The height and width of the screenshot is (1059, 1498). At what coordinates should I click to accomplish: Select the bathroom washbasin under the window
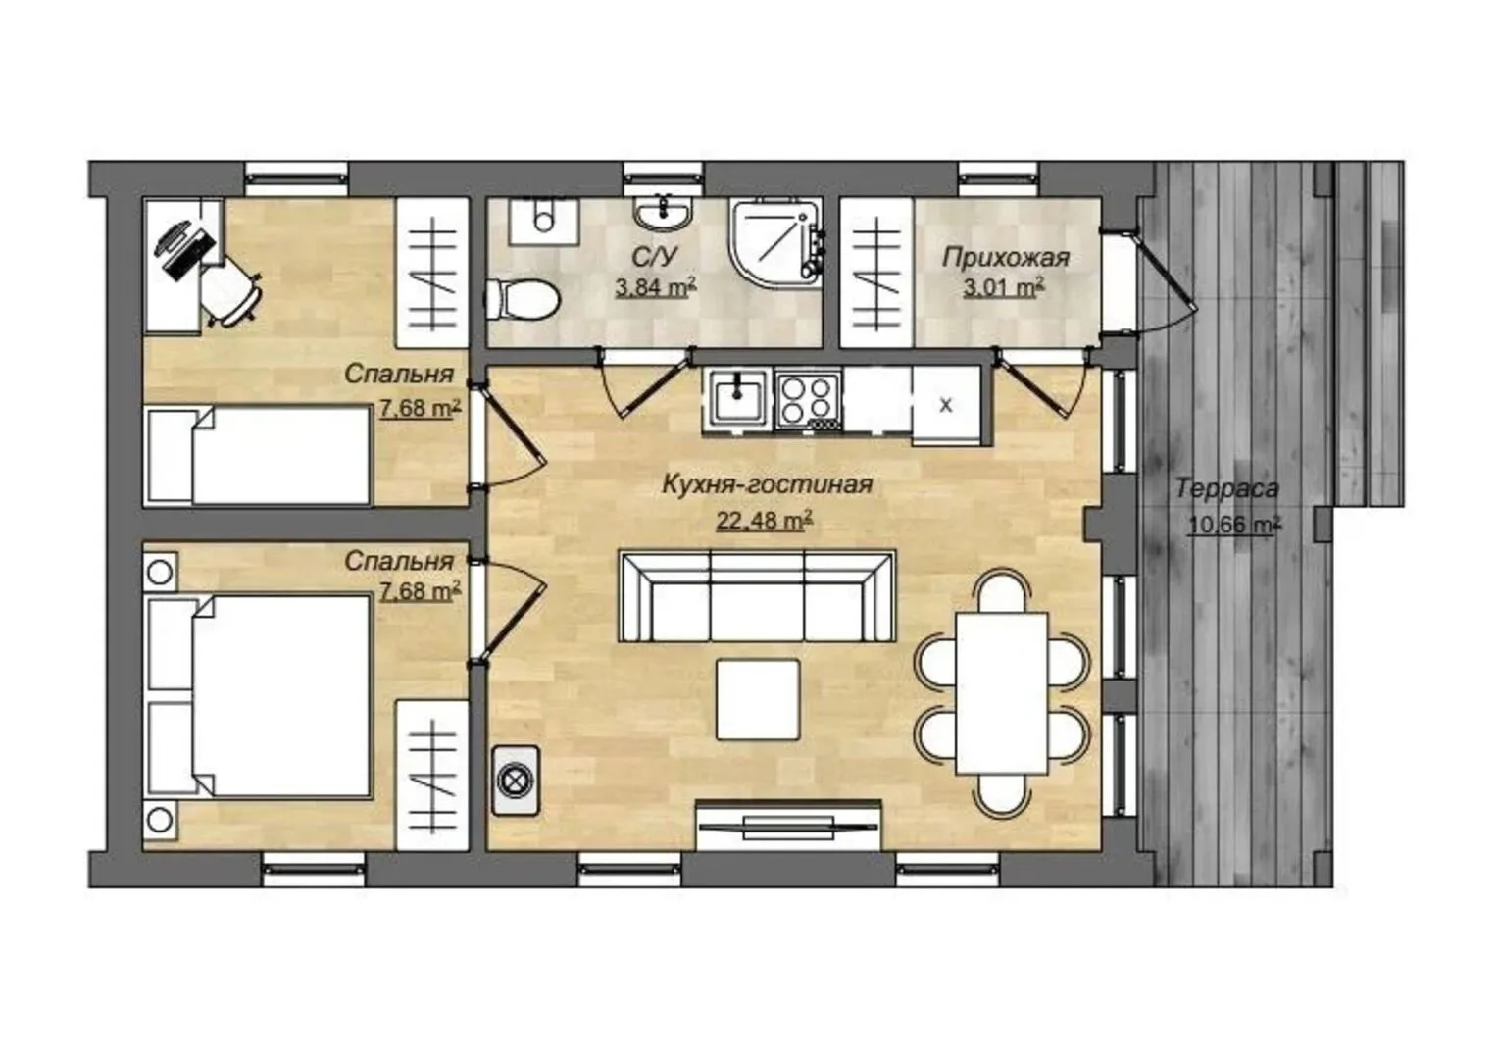pos(663,214)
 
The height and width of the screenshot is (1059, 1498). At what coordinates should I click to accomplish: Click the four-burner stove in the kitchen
pos(809,400)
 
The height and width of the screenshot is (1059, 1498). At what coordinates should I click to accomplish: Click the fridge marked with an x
pos(946,405)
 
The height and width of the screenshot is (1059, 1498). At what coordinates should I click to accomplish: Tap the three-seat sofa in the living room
pos(757,597)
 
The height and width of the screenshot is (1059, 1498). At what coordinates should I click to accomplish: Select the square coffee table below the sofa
pos(758,699)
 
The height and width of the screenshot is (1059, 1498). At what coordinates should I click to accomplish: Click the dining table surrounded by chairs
pos(1001,693)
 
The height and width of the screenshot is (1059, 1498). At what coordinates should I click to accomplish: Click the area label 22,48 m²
pos(765,520)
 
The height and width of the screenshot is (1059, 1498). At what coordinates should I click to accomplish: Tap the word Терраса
pos(1227,488)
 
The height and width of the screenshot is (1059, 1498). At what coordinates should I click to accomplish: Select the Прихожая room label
pos(1006,258)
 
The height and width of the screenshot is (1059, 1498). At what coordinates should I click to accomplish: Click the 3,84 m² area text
pos(656,287)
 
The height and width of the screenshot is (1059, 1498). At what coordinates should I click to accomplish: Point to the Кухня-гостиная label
pos(767,484)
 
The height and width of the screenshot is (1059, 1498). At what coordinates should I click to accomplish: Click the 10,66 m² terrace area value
pos(1234,526)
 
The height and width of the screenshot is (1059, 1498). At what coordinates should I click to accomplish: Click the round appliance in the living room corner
pos(515,781)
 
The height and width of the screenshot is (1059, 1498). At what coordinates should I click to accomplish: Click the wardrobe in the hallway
pos(876,273)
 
